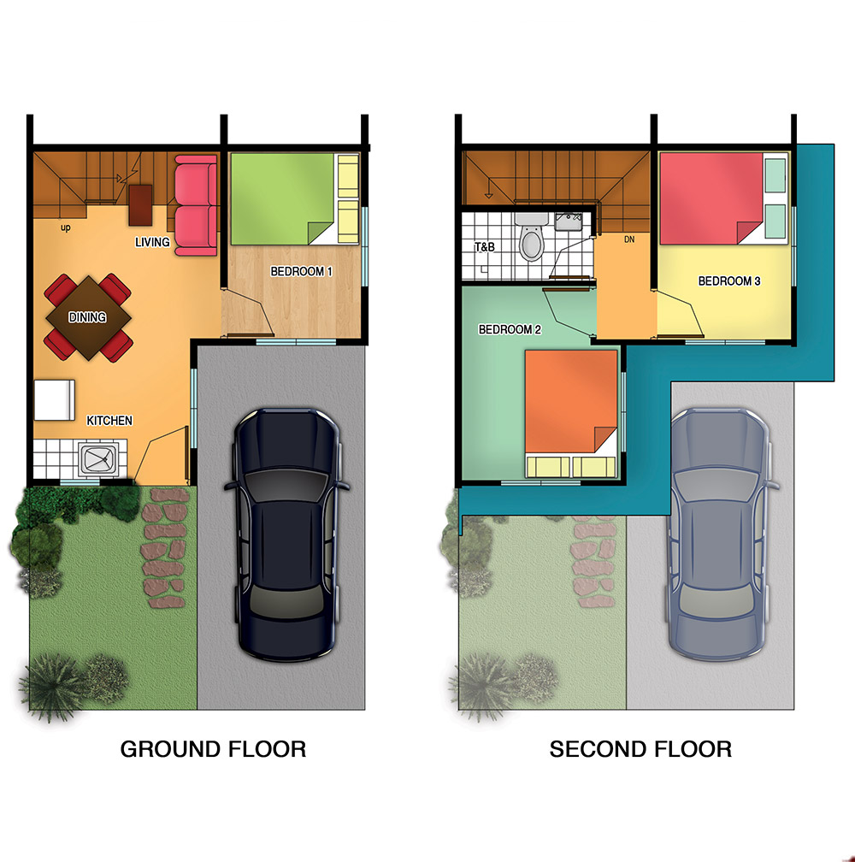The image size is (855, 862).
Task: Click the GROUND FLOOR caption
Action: [x=213, y=749]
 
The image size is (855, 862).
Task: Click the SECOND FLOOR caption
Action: [x=640, y=749]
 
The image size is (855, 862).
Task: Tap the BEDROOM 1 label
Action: [x=301, y=272]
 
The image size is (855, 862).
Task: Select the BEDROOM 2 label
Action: [x=510, y=329]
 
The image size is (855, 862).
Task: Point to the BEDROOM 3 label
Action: [x=729, y=280]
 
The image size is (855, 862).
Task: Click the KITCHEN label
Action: [x=109, y=421]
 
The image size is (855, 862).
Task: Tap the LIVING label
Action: [x=152, y=242]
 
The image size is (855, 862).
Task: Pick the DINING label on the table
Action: [x=87, y=317]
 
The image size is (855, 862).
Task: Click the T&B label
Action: [x=485, y=247]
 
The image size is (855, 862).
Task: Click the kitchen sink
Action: [x=98, y=459]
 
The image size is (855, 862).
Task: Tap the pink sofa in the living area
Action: [x=196, y=205]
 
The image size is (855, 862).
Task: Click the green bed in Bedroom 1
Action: [x=294, y=198]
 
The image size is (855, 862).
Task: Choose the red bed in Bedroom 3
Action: [x=723, y=198]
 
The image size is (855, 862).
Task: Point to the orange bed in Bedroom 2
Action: [x=571, y=413]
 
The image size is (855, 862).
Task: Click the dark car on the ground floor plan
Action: [x=286, y=534]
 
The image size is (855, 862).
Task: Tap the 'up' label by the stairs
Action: [x=65, y=227]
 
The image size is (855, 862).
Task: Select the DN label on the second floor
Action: [x=629, y=239]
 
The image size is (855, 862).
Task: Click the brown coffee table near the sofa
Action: [x=140, y=205]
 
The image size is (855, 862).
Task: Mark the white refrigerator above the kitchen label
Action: [x=55, y=399]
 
